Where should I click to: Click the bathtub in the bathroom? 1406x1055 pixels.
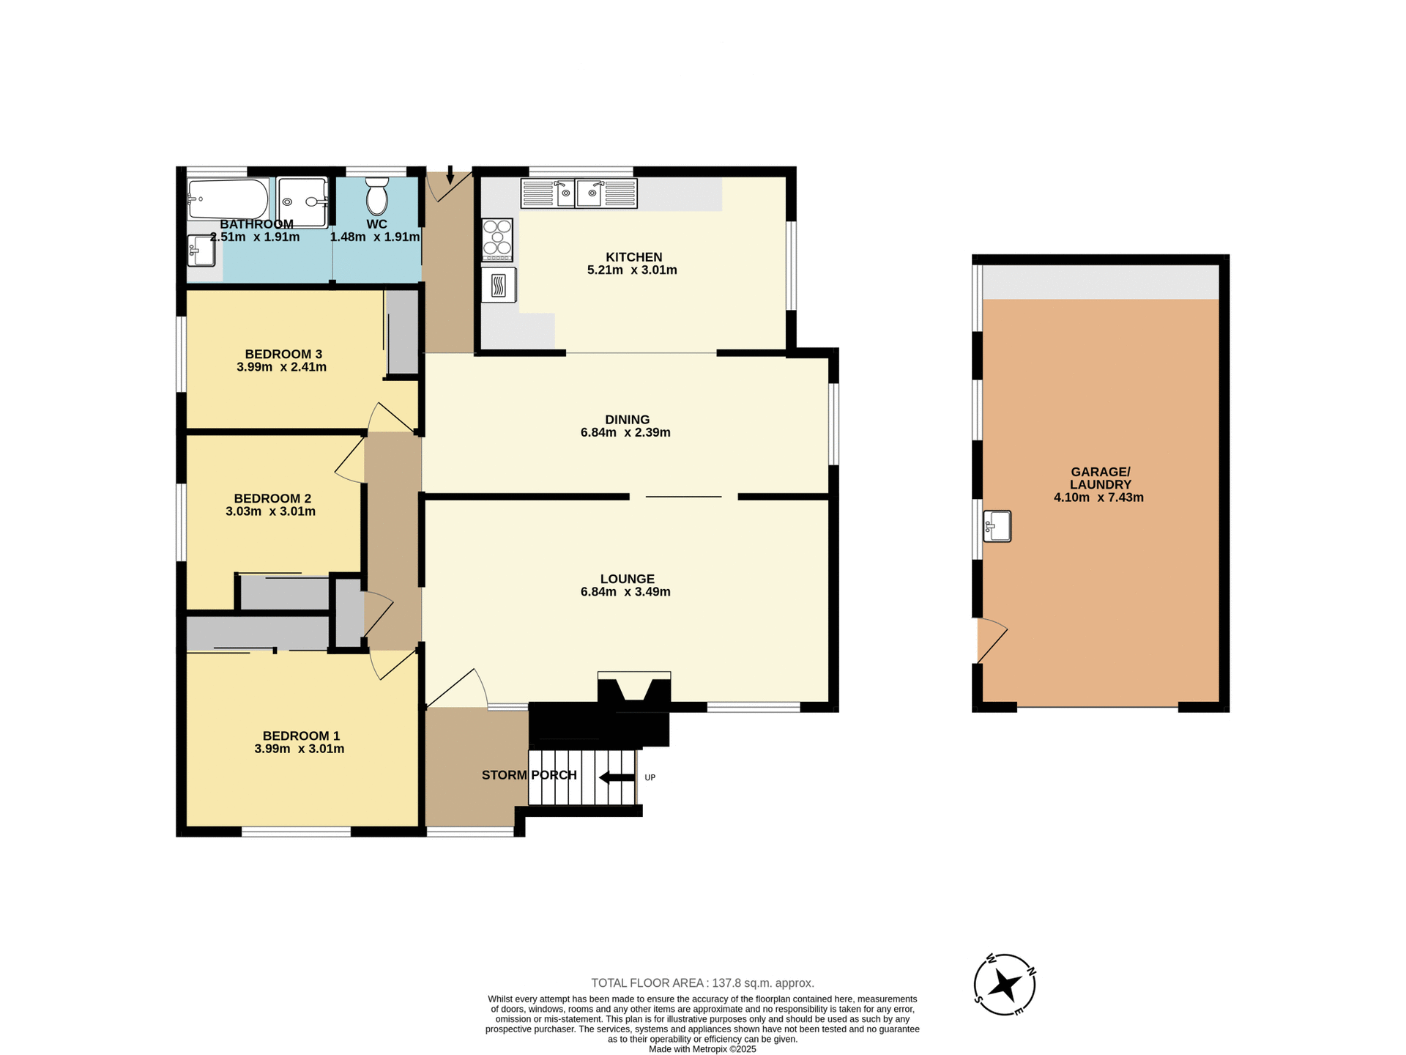(228, 199)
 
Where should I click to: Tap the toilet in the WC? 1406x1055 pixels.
(376, 196)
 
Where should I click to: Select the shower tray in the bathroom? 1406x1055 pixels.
(302, 202)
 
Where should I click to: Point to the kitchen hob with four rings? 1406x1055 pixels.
(497, 240)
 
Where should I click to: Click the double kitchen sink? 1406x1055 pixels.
(579, 193)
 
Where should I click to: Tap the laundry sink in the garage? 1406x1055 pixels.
(997, 526)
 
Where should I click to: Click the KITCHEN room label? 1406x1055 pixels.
(633, 257)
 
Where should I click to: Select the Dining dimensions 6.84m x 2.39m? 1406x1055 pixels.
(625, 433)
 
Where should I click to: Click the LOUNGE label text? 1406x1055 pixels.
(627, 579)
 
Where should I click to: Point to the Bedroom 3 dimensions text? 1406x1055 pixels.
(281, 368)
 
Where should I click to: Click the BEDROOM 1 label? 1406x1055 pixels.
(301, 736)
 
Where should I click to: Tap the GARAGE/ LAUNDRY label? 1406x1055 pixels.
(1100, 478)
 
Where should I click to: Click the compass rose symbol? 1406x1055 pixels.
(1005, 985)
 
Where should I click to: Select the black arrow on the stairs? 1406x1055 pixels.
(617, 777)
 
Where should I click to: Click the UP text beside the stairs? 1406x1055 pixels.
(650, 777)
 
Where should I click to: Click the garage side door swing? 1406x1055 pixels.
(992, 640)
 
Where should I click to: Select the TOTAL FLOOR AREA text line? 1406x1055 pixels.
(702, 983)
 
